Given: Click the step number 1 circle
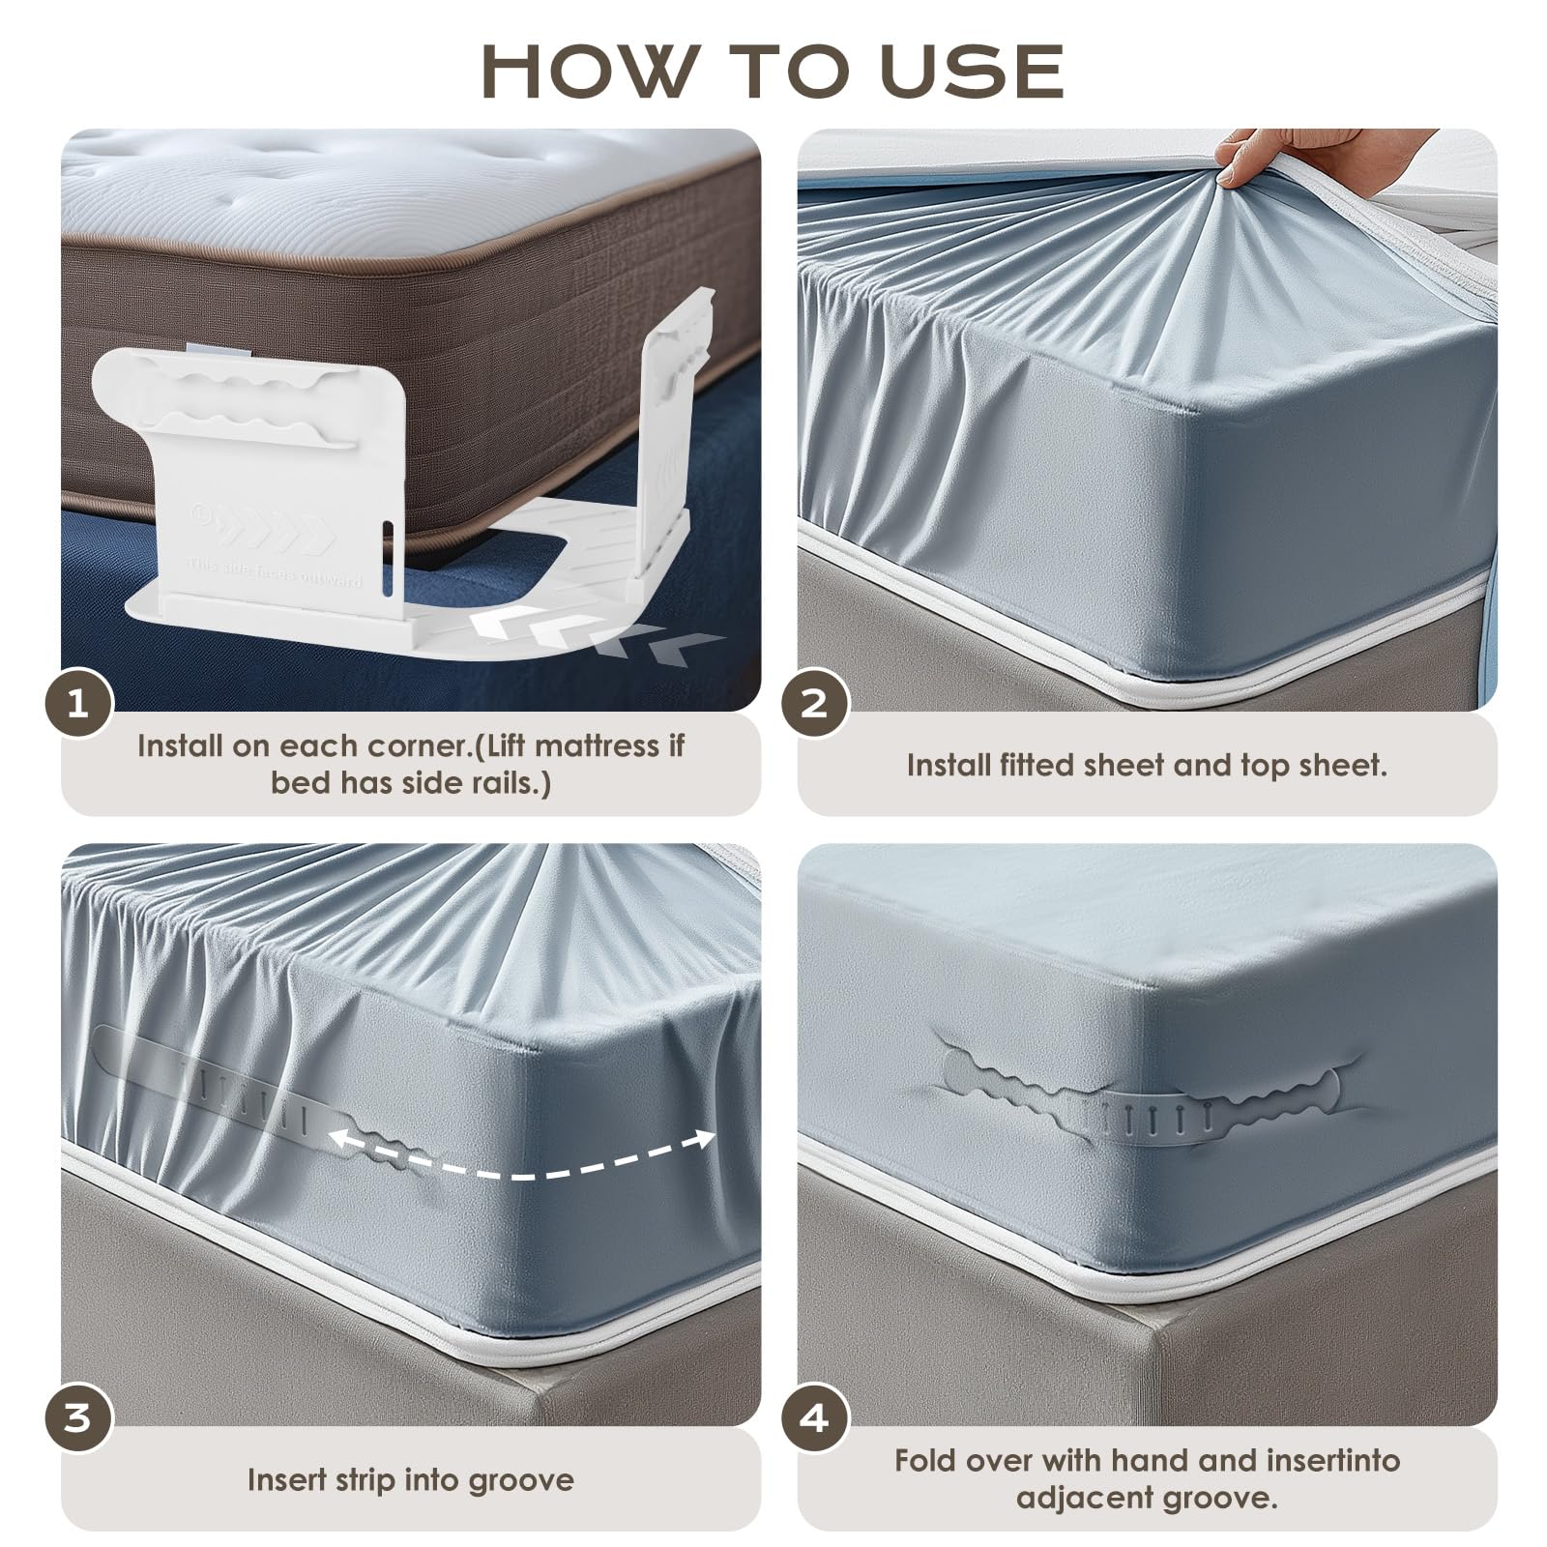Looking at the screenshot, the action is click(x=78, y=703).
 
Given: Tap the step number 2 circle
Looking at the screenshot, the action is click(x=815, y=703).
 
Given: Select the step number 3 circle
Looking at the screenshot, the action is click(x=78, y=1418).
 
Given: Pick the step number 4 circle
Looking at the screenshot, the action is click(x=815, y=1418).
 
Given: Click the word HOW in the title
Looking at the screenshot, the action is click(x=588, y=70).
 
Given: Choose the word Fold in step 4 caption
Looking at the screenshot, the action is click(x=923, y=1459).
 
